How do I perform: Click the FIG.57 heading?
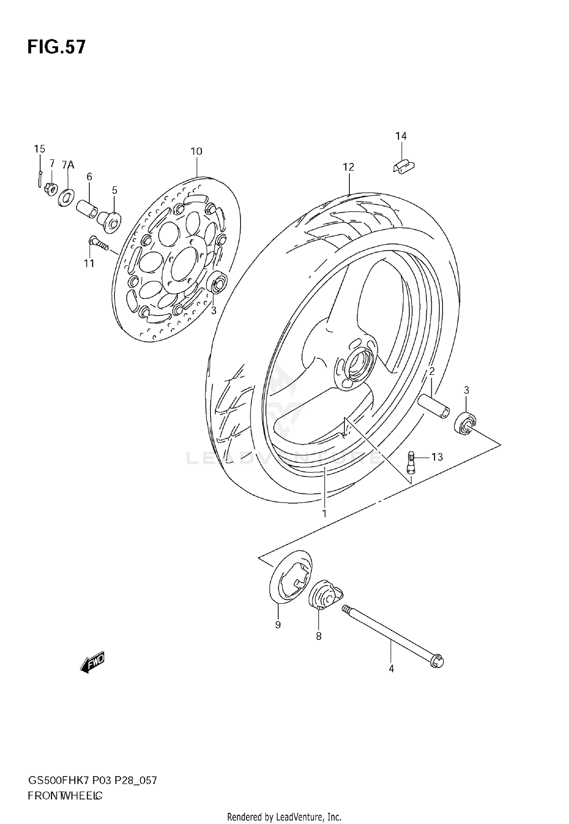click(x=57, y=47)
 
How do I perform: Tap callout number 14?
click(x=401, y=136)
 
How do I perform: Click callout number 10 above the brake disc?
click(x=196, y=151)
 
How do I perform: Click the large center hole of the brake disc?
click(x=182, y=264)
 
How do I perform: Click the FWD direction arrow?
click(x=92, y=663)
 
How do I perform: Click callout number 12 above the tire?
click(x=348, y=167)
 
